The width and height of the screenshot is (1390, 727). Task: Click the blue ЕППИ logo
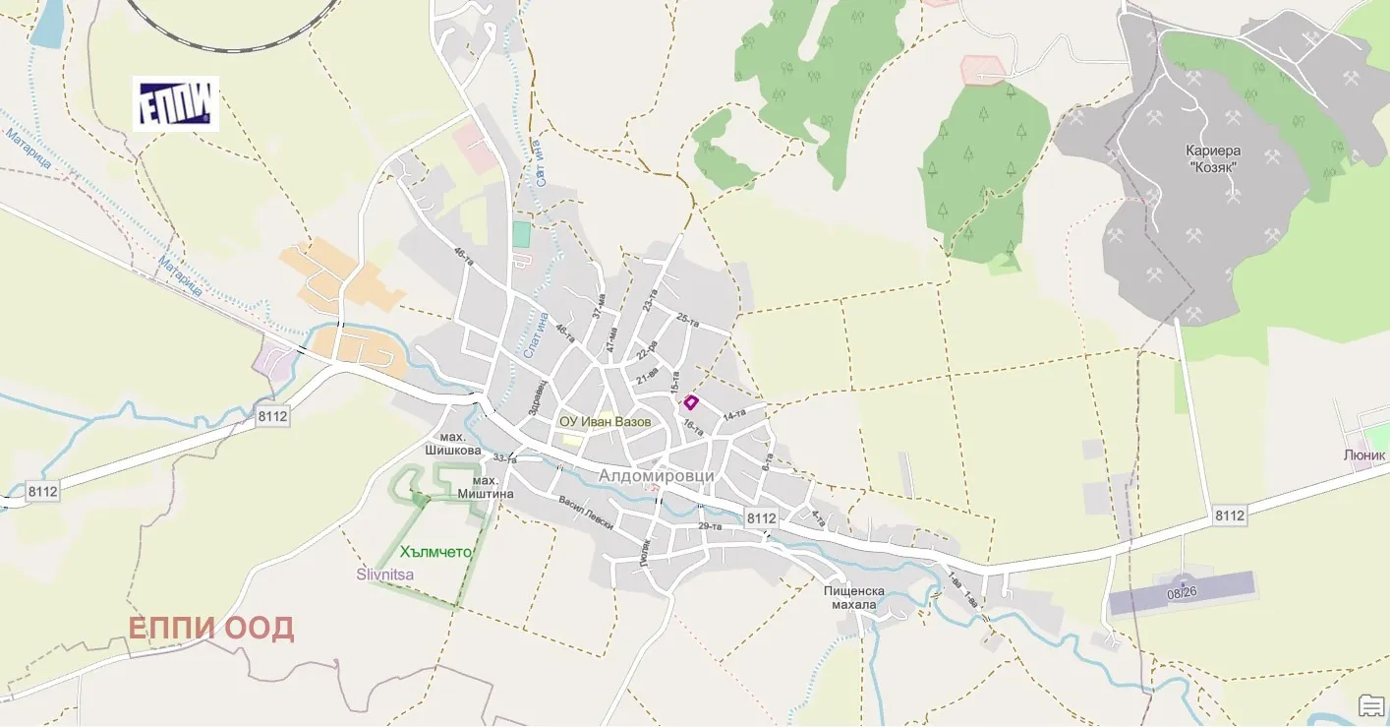(x=176, y=104)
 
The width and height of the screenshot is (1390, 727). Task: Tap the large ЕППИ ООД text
(x=211, y=629)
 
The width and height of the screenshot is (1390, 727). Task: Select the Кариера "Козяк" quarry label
(x=1213, y=158)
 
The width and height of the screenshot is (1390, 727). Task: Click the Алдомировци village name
(x=657, y=476)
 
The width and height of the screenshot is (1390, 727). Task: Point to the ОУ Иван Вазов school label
(x=605, y=422)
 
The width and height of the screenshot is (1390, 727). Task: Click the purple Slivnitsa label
(x=384, y=574)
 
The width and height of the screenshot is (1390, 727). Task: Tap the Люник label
(x=1363, y=455)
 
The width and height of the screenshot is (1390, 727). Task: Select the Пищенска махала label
(x=853, y=597)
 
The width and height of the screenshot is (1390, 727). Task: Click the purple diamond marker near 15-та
(x=691, y=401)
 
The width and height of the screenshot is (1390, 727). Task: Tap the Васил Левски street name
(x=586, y=512)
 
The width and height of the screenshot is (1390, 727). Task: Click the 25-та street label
(x=688, y=322)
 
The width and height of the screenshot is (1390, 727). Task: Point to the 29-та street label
(x=710, y=526)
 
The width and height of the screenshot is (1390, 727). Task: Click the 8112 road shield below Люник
(x=1229, y=515)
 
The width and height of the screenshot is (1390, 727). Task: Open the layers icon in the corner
(x=1371, y=704)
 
